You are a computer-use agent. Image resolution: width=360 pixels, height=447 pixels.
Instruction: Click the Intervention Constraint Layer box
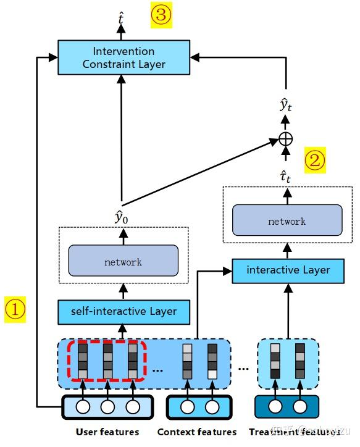click(x=123, y=57)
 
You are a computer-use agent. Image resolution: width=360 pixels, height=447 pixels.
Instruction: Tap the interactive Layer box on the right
click(x=288, y=270)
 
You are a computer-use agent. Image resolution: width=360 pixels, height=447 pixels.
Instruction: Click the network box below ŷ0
click(x=123, y=262)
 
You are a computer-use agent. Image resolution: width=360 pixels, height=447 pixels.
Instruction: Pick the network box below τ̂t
click(x=287, y=221)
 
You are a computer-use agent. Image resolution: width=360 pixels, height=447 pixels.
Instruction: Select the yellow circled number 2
click(x=315, y=161)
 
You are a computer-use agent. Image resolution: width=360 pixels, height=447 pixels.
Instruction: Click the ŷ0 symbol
click(x=123, y=217)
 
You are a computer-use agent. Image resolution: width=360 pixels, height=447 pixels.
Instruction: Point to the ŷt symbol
click(x=285, y=106)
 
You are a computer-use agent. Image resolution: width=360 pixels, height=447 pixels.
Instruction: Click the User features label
click(x=107, y=432)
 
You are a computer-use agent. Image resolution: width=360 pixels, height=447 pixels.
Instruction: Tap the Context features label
click(x=197, y=432)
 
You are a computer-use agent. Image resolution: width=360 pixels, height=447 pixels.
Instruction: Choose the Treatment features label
click(x=287, y=432)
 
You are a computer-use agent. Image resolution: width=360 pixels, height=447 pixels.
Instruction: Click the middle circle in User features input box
click(x=107, y=407)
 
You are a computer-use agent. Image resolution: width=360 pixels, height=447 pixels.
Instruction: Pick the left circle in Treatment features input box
click(x=275, y=407)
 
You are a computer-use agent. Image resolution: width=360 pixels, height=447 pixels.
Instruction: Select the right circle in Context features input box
click(x=212, y=407)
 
